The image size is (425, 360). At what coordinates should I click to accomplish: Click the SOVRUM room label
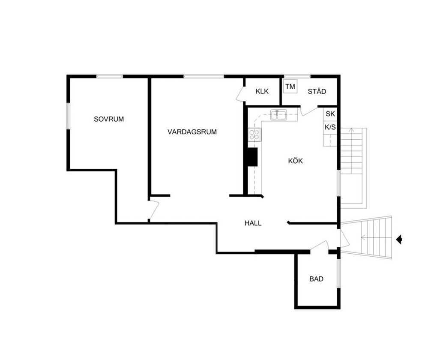click(109, 119)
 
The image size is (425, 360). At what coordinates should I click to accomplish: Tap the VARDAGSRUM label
click(192, 132)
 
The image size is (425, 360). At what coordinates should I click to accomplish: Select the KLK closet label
click(262, 91)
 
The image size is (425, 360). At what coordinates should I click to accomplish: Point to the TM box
click(290, 87)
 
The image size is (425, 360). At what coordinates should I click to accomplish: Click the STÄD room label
click(317, 91)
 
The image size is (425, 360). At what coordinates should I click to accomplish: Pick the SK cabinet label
click(330, 114)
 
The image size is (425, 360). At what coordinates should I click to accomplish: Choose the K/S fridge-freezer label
click(330, 127)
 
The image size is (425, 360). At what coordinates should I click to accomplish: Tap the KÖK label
click(296, 161)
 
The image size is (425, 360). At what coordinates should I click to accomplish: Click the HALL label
click(253, 223)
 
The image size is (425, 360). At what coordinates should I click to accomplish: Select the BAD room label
click(316, 279)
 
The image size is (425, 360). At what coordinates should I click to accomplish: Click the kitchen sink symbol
click(278, 115)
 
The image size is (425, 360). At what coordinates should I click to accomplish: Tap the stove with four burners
click(254, 135)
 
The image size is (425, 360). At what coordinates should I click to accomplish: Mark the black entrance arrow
click(399, 240)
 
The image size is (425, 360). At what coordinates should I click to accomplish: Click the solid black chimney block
click(252, 157)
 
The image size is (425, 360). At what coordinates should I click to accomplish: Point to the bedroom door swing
click(154, 210)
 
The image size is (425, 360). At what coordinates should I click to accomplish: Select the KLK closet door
click(241, 93)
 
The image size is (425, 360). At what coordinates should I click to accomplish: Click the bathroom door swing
click(320, 245)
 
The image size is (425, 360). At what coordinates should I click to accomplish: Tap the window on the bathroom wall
click(338, 273)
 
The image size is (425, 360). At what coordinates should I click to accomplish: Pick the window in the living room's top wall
click(204, 76)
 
